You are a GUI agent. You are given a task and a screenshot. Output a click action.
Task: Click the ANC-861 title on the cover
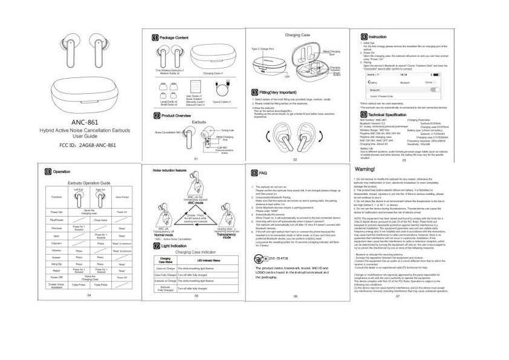click(85, 122)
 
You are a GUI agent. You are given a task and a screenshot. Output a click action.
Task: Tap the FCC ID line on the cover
click(85, 145)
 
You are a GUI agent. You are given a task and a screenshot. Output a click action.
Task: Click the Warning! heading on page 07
click(369, 168)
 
